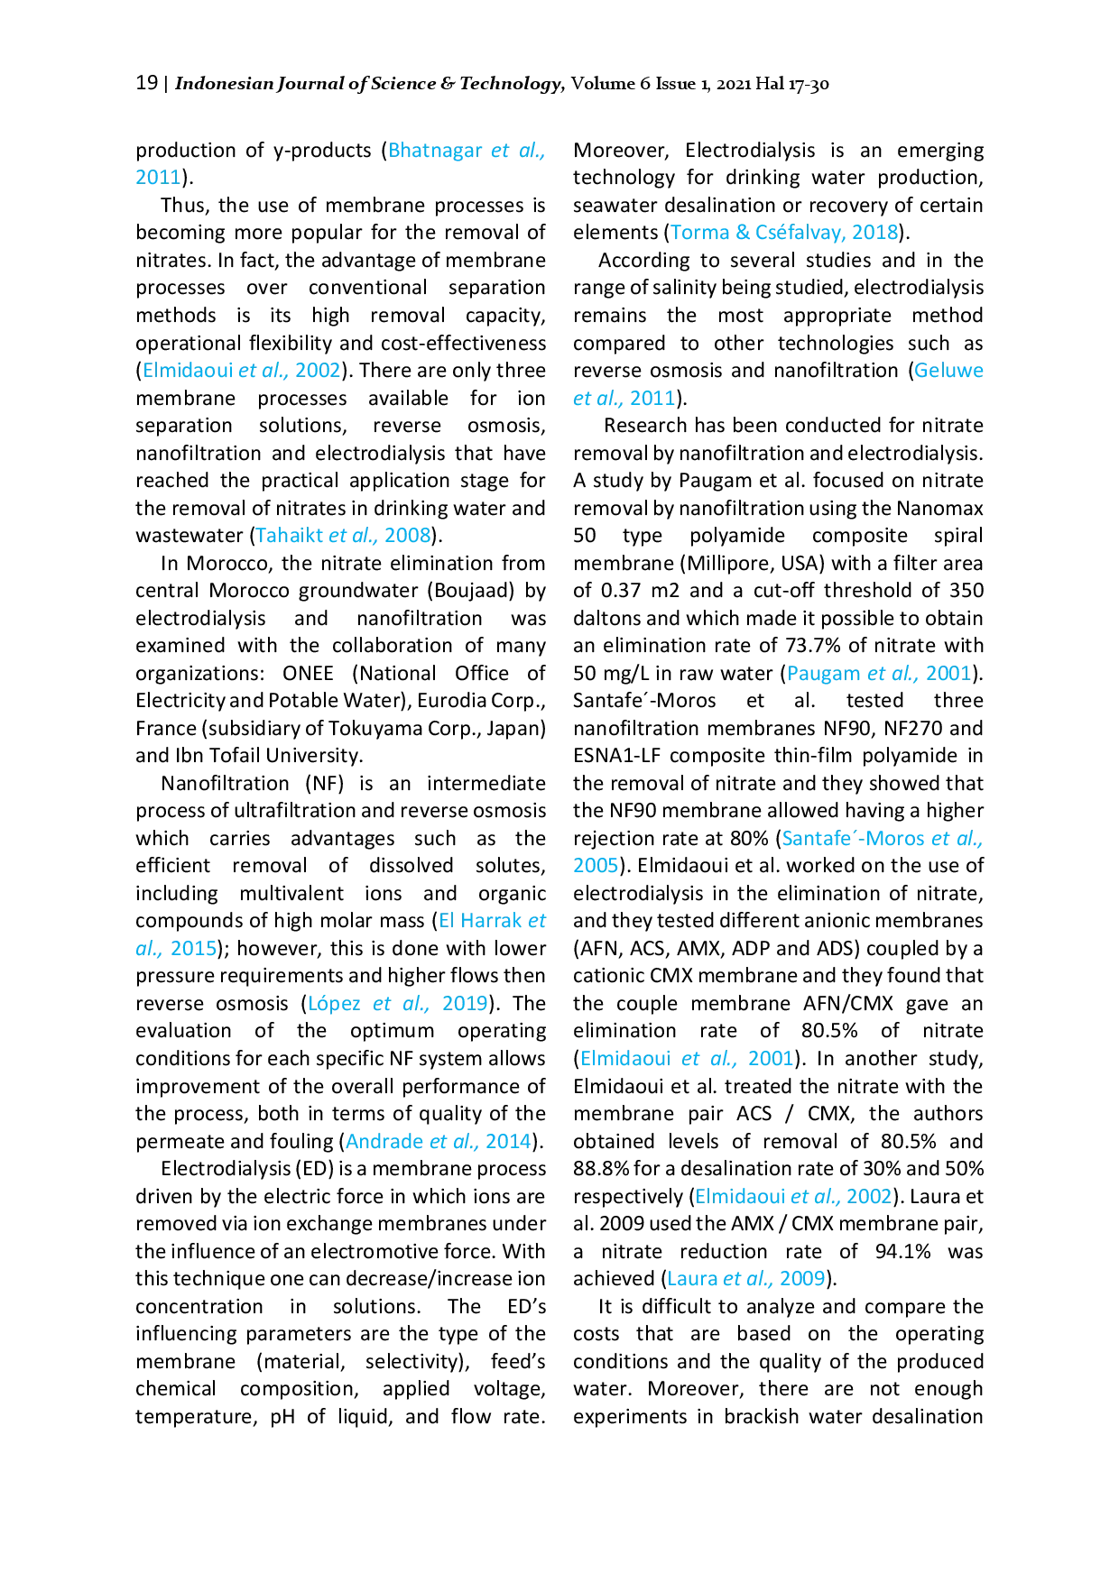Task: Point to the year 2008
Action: [408, 536]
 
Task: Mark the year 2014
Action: [506, 1141]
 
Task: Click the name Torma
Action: [700, 233]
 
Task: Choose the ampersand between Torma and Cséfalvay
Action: [743, 233]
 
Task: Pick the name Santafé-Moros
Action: [848, 839]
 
